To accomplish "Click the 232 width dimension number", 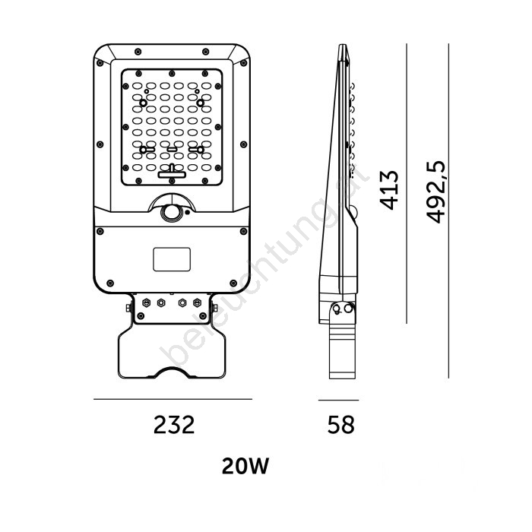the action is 174,424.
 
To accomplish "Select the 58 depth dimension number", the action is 340,424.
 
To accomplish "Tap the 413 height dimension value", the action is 389,190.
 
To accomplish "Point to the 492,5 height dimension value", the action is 435,192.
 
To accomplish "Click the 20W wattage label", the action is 245,466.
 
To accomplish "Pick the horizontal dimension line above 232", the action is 173,399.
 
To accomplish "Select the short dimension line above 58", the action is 338,400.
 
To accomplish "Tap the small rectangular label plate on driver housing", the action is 172,259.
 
